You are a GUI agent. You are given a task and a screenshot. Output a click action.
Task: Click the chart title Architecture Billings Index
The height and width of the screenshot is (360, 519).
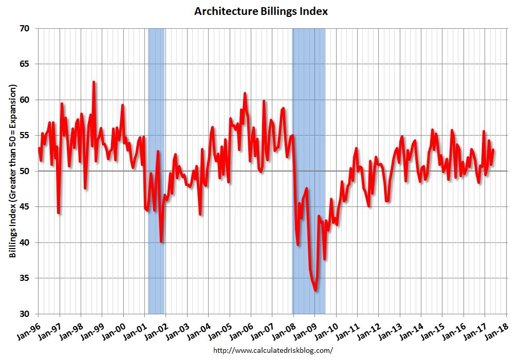(261, 11)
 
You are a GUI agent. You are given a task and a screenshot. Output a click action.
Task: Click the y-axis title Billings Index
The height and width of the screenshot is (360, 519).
(13, 170)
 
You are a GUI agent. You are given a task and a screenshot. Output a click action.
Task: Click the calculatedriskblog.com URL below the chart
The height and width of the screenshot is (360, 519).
(272, 350)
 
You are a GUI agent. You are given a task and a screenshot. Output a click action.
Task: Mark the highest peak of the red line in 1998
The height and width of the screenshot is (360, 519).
(94, 82)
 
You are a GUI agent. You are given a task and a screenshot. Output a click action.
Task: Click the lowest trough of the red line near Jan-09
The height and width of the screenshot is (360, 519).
(315, 291)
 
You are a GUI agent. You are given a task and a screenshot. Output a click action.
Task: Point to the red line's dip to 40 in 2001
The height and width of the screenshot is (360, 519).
(161, 242)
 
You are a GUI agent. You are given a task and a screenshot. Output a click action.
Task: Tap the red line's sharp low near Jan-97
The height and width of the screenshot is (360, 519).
(59, 213)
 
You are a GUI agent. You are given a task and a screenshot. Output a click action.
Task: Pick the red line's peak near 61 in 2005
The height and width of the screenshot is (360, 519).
(245, 93)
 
